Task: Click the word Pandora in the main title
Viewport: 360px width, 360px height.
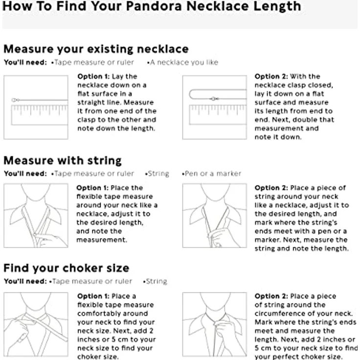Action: point(154,6)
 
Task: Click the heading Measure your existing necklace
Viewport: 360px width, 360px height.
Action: point(96,49)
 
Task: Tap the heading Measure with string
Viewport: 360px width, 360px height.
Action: point(63,160)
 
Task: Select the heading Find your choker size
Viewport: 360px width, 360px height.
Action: point(67,268)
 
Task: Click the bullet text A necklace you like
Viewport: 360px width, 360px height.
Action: point(184,62)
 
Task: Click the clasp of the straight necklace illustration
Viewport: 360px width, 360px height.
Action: point(15,100)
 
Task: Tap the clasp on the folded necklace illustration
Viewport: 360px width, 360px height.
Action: point(214,99)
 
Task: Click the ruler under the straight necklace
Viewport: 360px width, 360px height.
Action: point(40,115)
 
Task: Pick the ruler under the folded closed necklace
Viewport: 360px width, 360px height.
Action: point(218,114)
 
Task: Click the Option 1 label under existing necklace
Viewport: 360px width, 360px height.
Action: point(93,76)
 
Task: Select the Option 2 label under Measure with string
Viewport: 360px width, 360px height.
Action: point(271,188)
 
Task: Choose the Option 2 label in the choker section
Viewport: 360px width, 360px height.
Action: point(271,296)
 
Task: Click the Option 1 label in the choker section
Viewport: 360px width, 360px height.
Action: point(93,296)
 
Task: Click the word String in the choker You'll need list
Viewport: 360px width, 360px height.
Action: point(157,281)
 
